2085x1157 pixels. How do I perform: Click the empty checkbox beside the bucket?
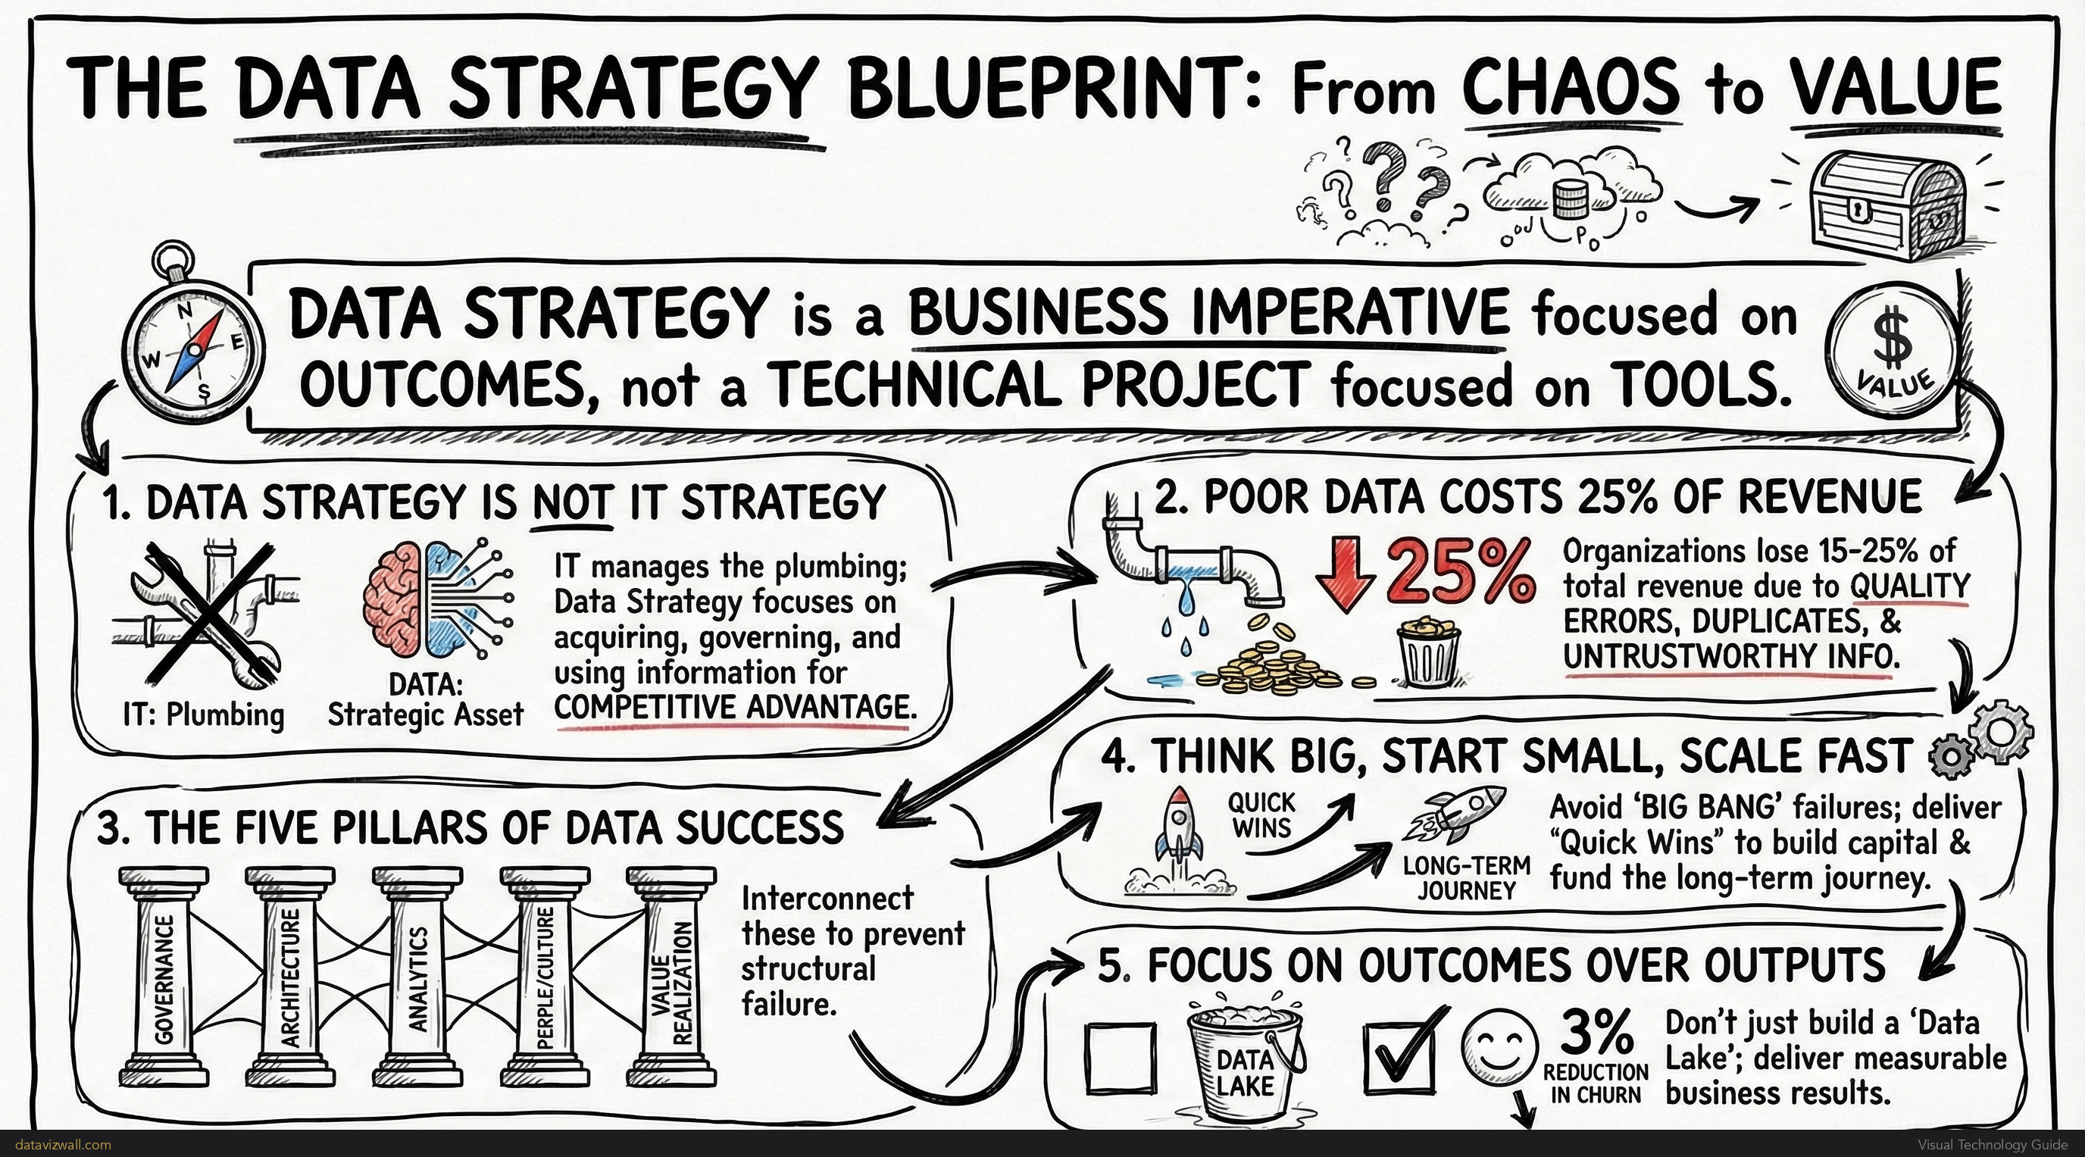point(1121,1056)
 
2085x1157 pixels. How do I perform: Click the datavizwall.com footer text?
point(63,1145)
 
